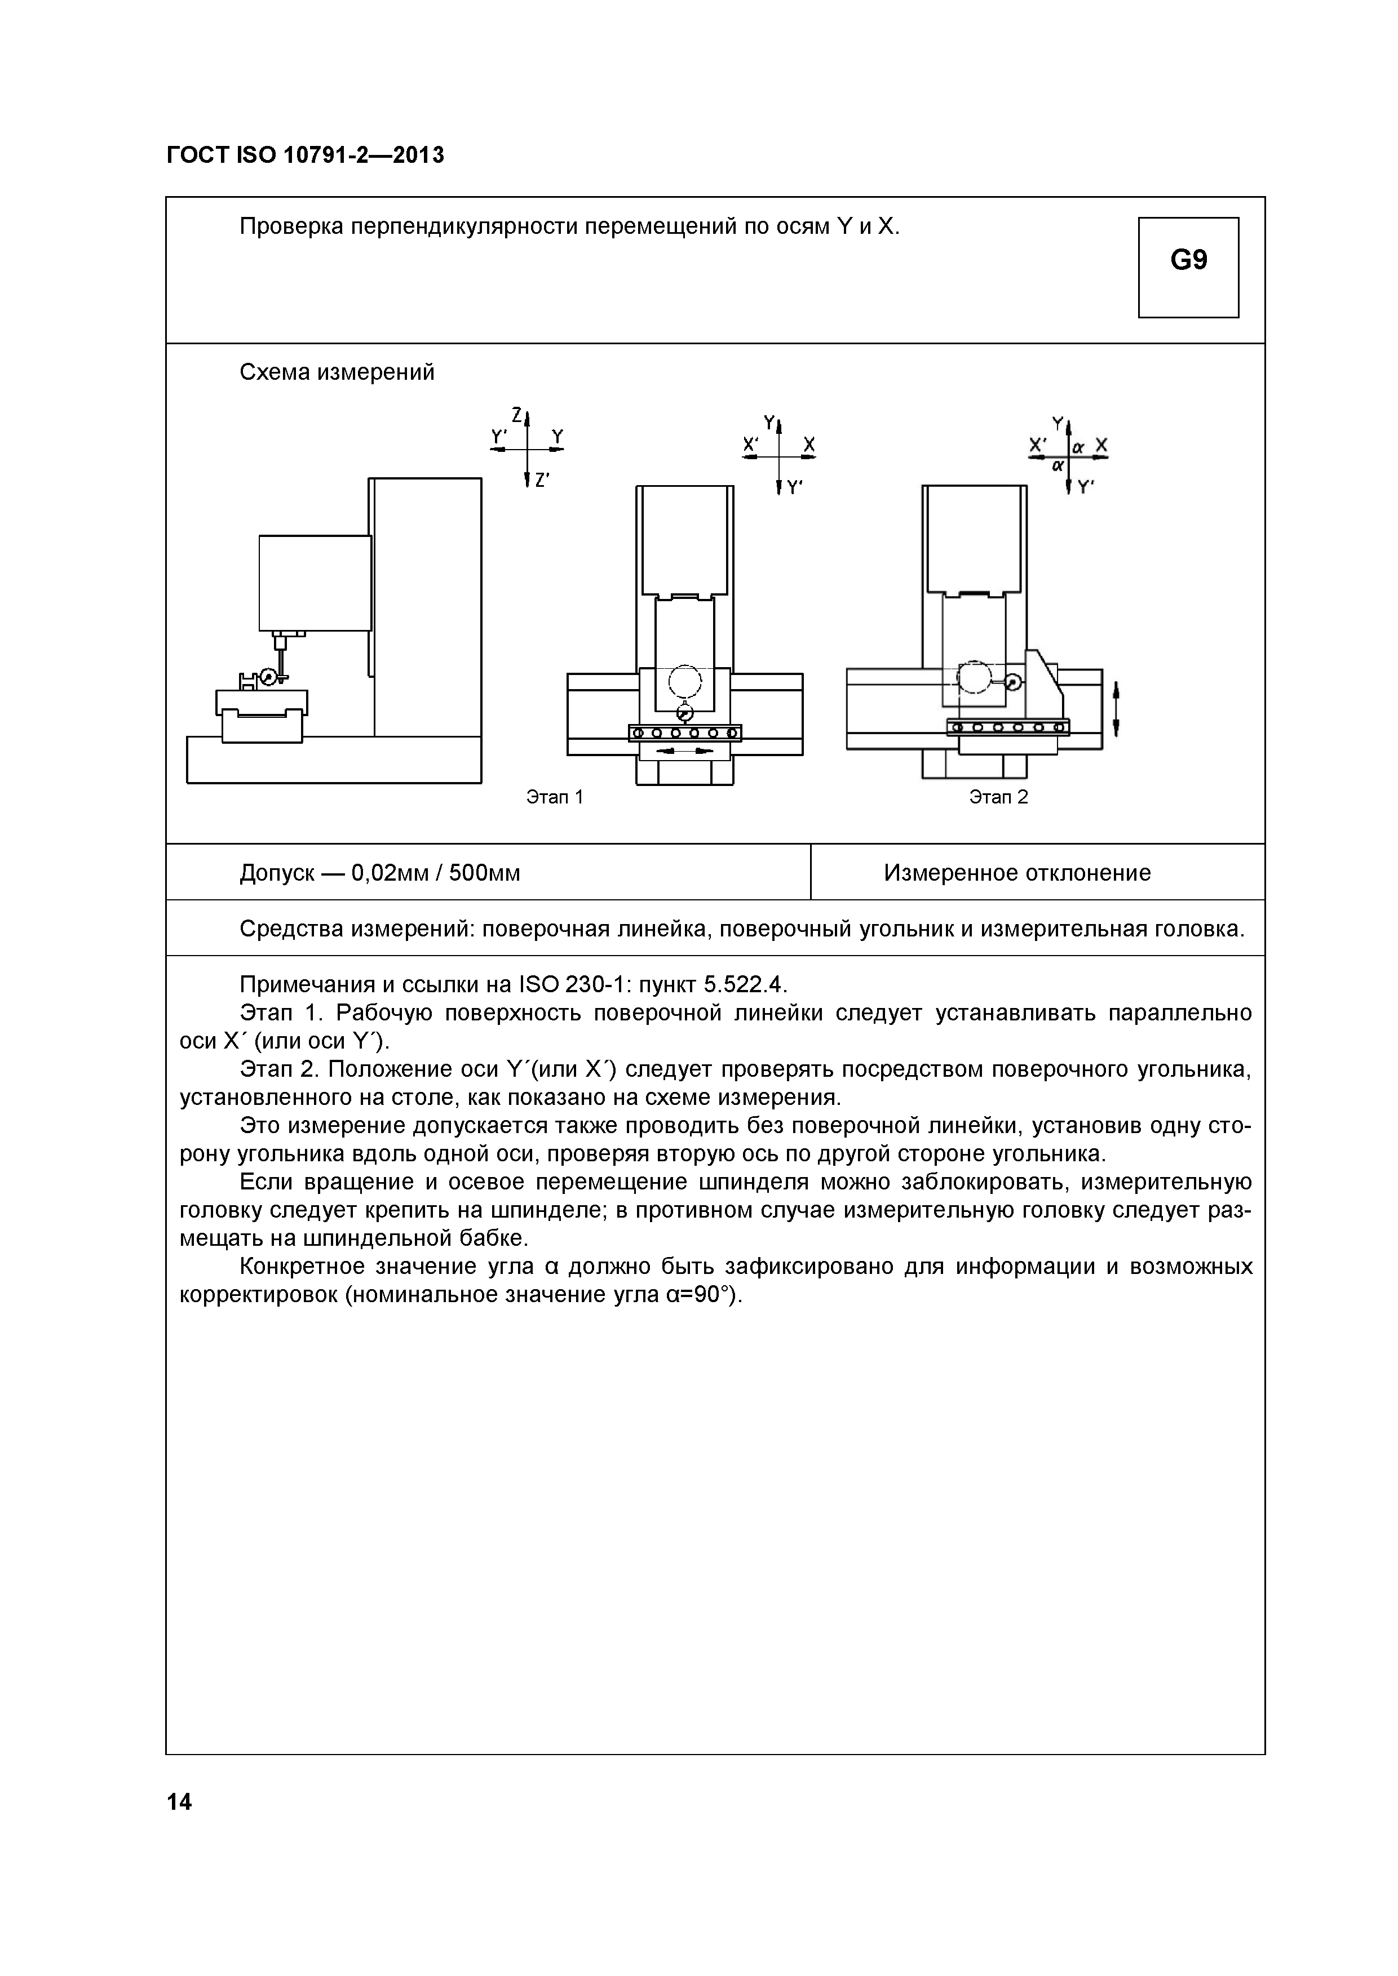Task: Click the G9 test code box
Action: click(1188, 267)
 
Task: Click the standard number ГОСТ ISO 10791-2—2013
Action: click(306, 156)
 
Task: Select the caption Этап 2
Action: click(998, 797)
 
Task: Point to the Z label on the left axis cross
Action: click(516, 415)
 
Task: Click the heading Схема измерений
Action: click(337, 372)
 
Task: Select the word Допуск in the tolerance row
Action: click(277, 873)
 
